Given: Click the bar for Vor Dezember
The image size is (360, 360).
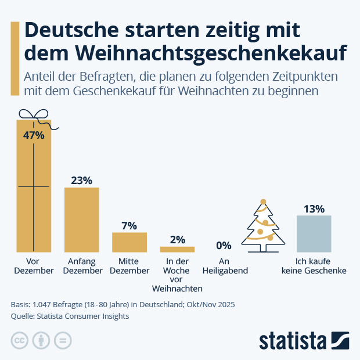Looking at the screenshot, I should coord(34,192).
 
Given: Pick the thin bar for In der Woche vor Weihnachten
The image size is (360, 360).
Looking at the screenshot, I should coord(177,249).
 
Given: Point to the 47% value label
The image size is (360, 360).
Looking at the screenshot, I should coord(34,135).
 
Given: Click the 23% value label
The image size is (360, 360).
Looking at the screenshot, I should coord(81,180).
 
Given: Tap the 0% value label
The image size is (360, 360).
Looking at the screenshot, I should coord(224,245).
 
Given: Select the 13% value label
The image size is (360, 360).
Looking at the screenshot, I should coord(314,208).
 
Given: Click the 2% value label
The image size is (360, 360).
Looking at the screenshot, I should coord(177,239).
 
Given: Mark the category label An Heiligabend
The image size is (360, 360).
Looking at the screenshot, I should coord(225,266).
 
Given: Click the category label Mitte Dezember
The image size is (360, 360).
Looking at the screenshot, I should coord(129,266).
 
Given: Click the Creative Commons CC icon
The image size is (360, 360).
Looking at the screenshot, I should coord(20,341).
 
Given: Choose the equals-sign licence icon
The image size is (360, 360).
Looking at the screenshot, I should coord(63,341).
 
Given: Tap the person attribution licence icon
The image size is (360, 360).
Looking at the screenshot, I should coord(41,341).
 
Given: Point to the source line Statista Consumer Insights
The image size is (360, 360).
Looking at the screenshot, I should coord(70,316).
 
